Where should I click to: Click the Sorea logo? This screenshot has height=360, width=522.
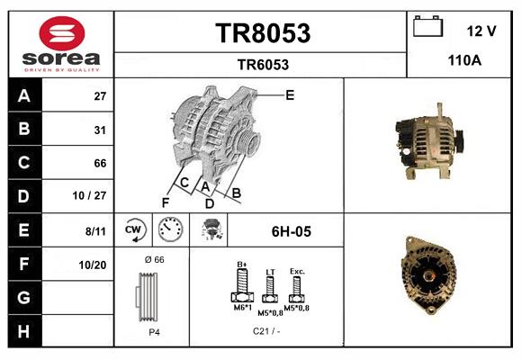[x=60, y=42]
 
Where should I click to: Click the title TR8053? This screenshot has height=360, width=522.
[x=262, y=33]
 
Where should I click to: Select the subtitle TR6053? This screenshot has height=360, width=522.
[x=262, y=64]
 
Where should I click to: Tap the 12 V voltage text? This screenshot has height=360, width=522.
[x=481, y=31]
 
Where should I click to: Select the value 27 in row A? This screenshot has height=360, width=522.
[x=100, y=96]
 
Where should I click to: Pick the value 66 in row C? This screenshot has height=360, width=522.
[x=100, y=164]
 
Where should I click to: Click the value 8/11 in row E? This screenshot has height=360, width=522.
[x=95, y=231]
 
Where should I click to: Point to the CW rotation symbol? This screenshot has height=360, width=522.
[x=134, y=231]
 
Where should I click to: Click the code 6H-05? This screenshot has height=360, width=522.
[x=291, y=231]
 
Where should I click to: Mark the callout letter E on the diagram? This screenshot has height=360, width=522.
[x=290, y=94]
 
